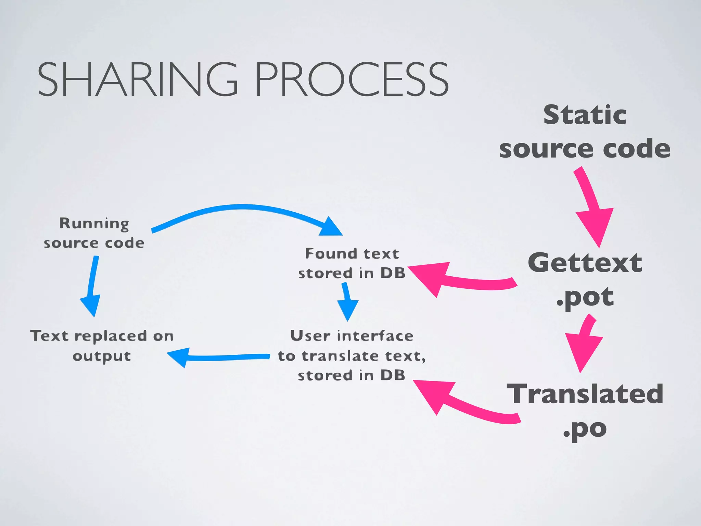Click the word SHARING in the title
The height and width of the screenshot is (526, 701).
(x=137, y=79)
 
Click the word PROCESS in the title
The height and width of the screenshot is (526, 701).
(x=351, y=79)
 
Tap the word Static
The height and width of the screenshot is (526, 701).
(x=585, y=115)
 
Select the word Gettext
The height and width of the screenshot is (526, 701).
(x=585, y=263)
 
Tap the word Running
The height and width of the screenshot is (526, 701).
(x=94, y=223)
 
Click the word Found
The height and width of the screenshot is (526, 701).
(x=330, y=254)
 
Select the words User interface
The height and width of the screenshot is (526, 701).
(x=352, y=336)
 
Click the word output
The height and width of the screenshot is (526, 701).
(x=102, y=356)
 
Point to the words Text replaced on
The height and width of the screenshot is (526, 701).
(x=102, y=336)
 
